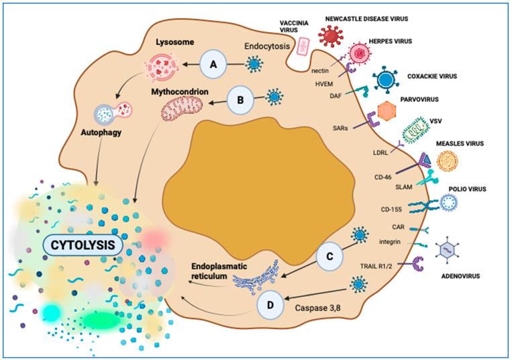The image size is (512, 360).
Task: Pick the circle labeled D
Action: (x=270, y=306)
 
